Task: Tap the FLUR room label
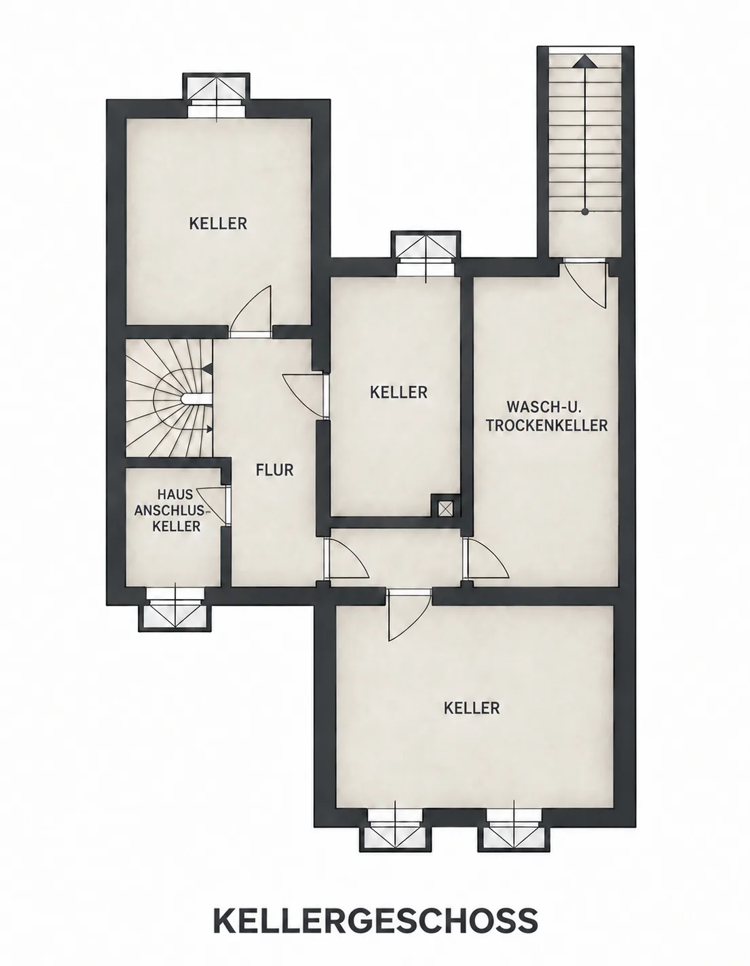275,470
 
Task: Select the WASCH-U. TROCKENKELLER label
546,416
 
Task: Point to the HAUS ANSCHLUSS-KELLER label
175,510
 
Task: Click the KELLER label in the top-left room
218,223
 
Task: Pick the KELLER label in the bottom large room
472,708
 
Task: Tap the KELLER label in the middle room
398,392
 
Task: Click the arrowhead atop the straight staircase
585,62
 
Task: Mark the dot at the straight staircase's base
585,212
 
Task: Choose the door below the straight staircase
584,284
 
